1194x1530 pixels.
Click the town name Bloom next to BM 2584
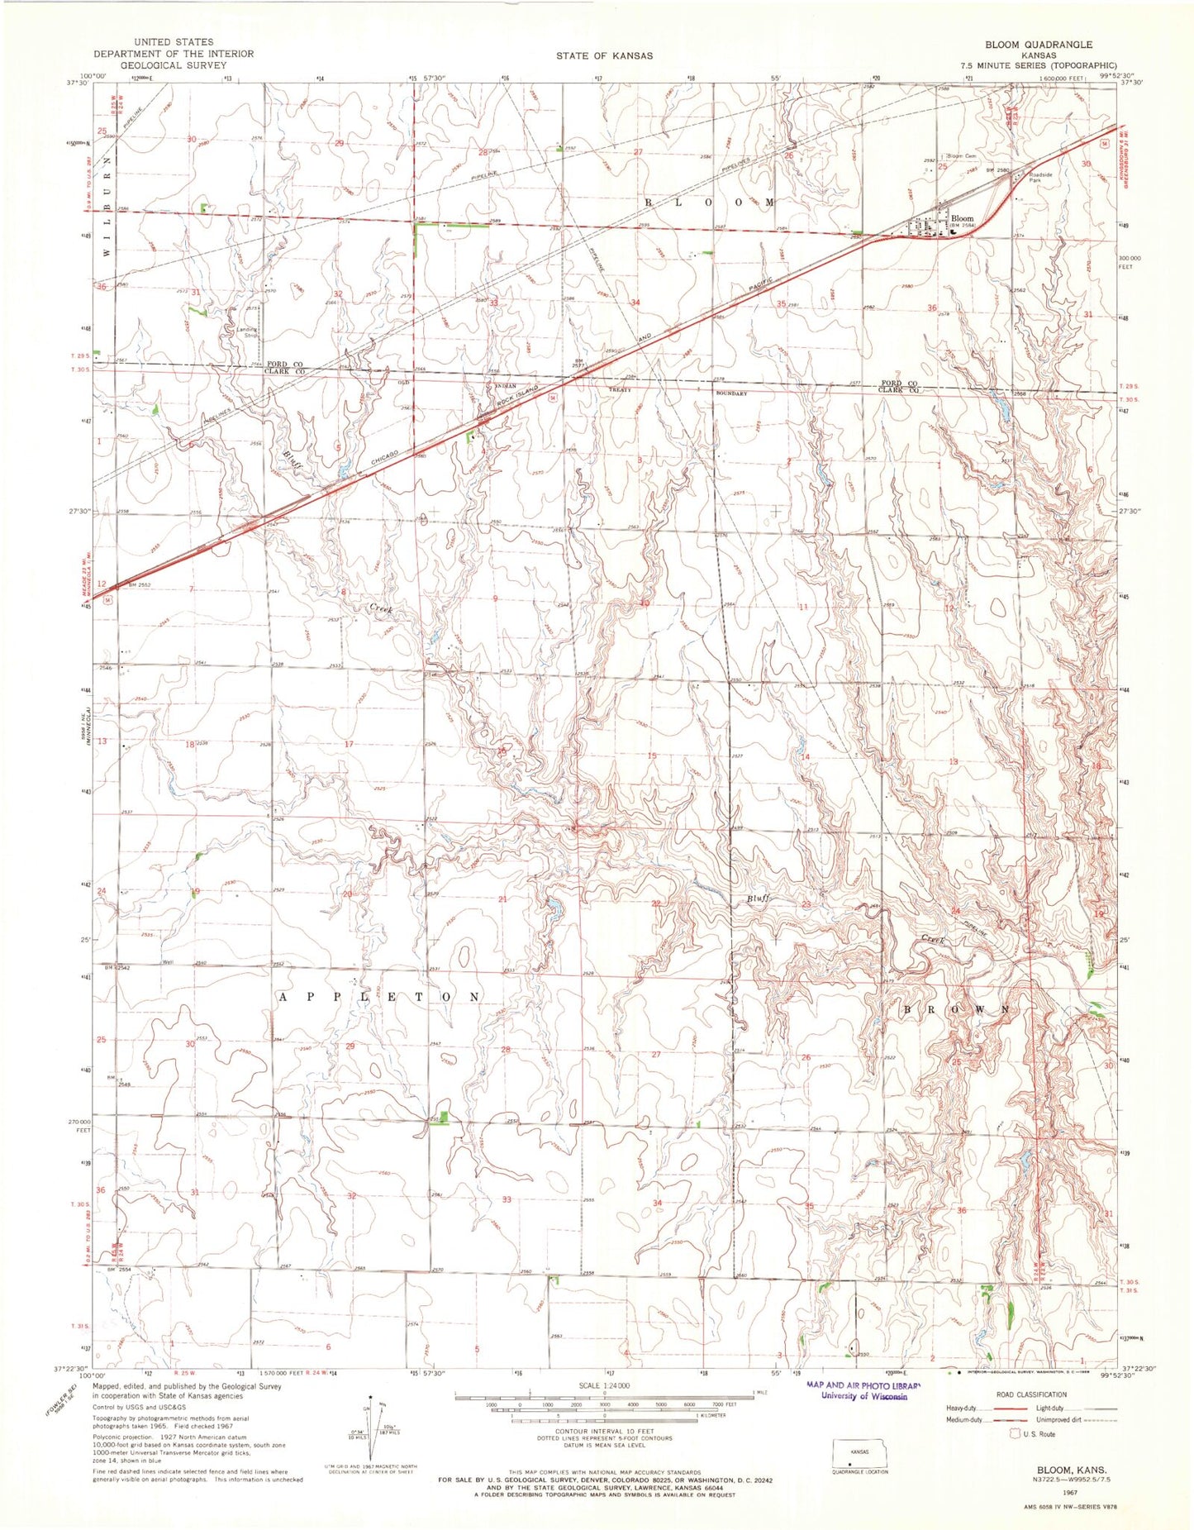pos(961,219)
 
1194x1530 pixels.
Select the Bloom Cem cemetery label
pos(961,156)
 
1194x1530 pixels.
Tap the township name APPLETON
pos(379,997)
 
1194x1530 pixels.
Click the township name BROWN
pos(955,1010)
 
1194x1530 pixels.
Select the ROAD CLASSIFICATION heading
pos(1030,1394)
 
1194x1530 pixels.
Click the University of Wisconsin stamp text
pos(863,1396)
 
